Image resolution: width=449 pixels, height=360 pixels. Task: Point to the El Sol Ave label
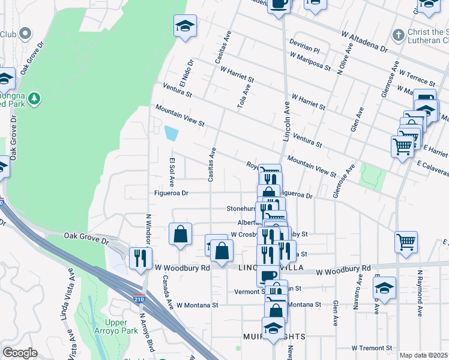[x=171, y=171]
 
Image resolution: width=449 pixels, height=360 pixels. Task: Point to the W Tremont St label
[x=372, y=348]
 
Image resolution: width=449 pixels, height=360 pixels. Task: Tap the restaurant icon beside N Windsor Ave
[x=139, y=258]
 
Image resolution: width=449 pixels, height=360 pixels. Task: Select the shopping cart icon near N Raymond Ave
[x=406, y=242]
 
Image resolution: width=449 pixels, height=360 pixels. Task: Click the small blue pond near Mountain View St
[x=170, y=133]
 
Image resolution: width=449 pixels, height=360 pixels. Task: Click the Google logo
[x=20, y=353]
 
